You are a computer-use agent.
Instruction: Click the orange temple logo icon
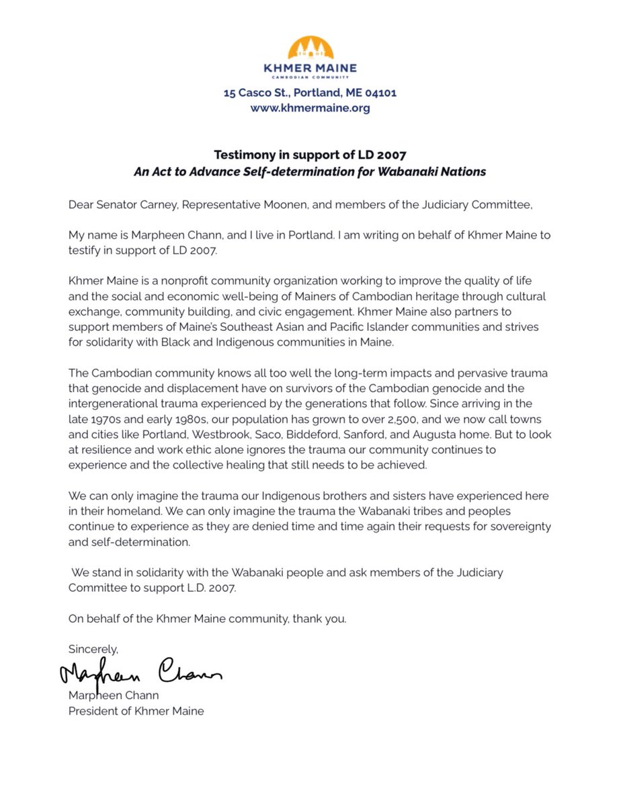310,48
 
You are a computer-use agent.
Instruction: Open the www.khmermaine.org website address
310,108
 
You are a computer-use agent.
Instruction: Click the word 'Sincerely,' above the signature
93,649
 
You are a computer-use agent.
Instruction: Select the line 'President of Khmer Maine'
136,710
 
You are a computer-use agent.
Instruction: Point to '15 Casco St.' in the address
257,93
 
